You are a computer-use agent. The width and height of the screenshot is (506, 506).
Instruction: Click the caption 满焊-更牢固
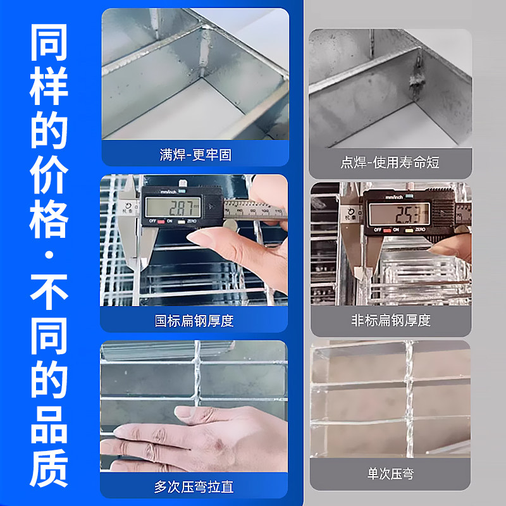tap(195, 154)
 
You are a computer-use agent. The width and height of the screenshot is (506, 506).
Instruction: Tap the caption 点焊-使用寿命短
tap(390, 163)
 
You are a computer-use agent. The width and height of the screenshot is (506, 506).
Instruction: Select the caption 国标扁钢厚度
tap(195, 321)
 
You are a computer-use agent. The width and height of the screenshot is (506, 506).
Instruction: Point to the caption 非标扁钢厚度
tap(391, 321)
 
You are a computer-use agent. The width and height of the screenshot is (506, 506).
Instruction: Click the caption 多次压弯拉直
tap(194, 486)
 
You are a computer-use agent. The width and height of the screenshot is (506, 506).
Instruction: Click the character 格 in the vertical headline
tap(49, 215)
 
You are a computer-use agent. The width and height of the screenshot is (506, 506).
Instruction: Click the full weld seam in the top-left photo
tap(206, 51)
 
